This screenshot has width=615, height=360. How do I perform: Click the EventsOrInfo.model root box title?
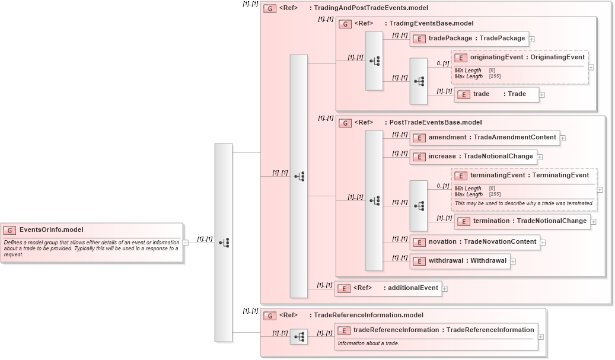tap(51, 230)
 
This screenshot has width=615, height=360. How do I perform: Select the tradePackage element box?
tap(469, 39)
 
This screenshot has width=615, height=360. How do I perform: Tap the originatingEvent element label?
tap(527, 58)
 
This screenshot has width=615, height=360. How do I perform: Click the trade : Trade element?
tap(497, 94)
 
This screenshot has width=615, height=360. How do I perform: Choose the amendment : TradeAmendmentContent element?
tap(484, 138)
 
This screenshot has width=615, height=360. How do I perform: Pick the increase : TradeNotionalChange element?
tap(473, 157)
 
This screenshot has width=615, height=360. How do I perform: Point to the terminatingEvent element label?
tap(529, 176)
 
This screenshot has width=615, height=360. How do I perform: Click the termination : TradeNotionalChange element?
tap(522, 221)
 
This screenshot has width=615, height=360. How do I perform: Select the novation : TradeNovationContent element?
tap(474, 242)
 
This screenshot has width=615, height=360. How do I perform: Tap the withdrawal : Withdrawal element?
tap(460, 260)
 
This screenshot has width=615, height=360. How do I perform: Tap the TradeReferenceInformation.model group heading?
tap(368, 316)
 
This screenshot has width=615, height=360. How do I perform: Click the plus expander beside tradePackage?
tap(532, 39)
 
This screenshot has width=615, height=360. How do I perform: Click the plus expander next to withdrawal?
tap(513, 261)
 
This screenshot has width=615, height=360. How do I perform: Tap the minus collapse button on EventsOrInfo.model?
tap(186, 242)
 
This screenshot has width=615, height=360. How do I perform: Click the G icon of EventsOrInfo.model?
tap(10, 230)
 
